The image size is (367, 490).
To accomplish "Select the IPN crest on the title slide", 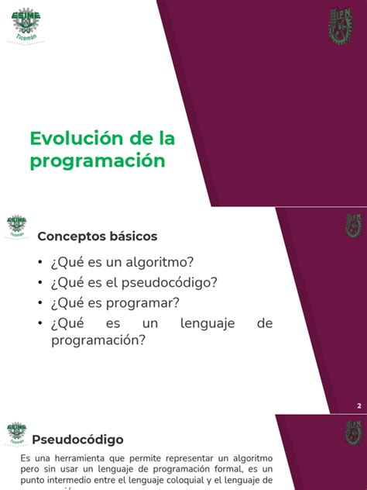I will (341, 26).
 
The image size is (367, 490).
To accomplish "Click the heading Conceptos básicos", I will (98, 236).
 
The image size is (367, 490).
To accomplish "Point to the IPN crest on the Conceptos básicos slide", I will (352, 226).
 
